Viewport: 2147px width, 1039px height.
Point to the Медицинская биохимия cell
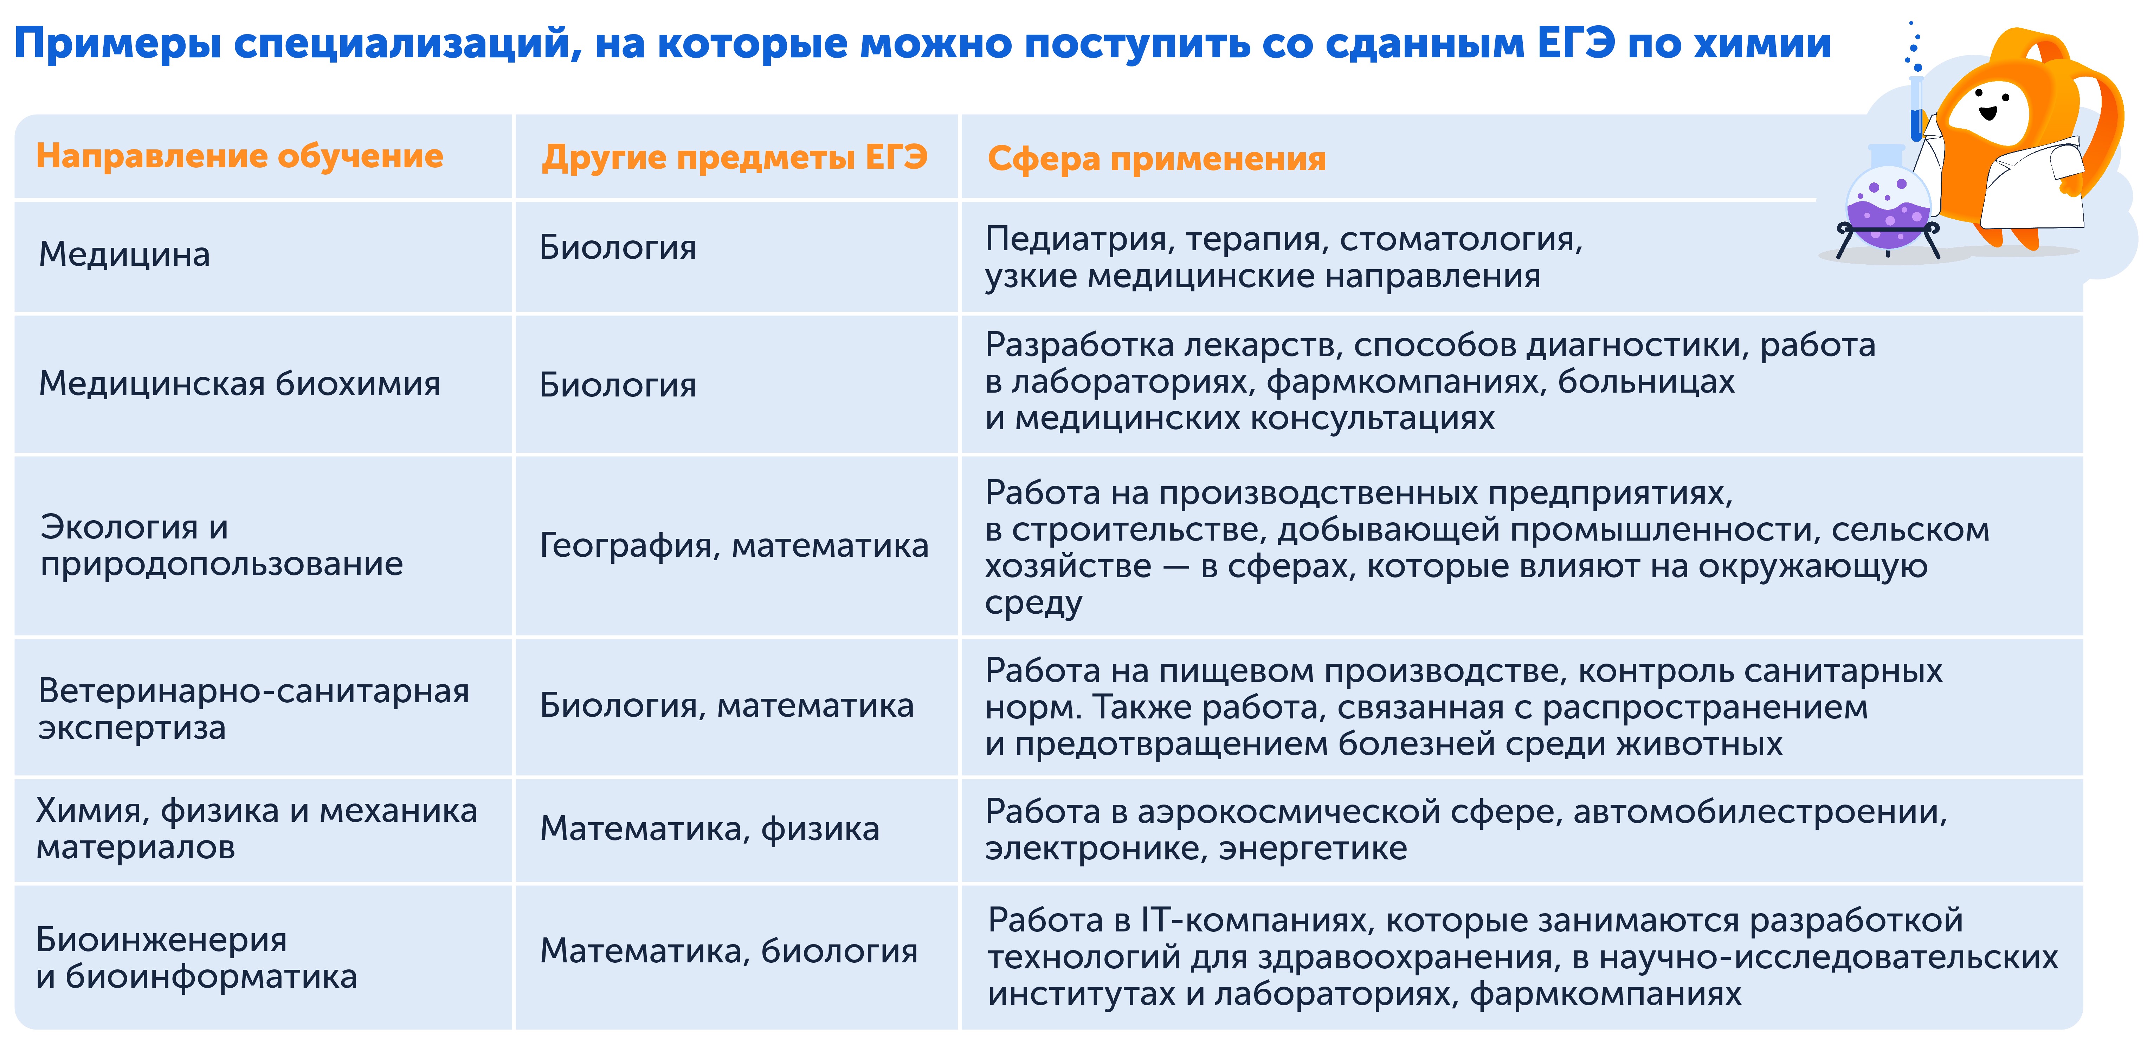[240, 384]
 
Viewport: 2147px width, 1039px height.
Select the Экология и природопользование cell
[222, 546]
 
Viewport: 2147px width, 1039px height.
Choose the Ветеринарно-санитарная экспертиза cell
[254, 709]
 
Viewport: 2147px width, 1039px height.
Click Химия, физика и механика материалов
[257, 829]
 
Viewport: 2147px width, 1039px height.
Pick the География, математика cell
[734, 546]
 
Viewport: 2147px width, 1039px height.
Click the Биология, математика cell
[727, 706]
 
